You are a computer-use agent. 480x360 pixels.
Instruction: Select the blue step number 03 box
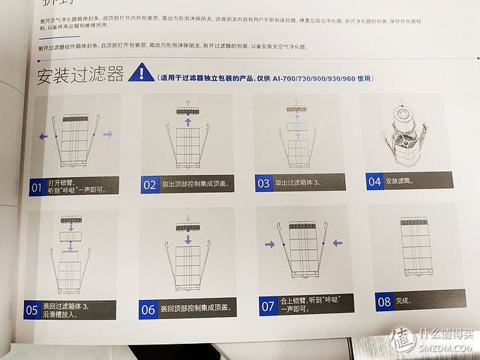263,183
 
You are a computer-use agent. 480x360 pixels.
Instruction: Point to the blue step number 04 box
375,181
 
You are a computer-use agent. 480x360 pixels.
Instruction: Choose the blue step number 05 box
32,309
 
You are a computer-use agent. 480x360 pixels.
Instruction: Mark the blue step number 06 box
148,309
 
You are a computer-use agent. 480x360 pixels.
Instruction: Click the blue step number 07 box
268,306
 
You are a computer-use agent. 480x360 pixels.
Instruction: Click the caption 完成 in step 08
404,301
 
